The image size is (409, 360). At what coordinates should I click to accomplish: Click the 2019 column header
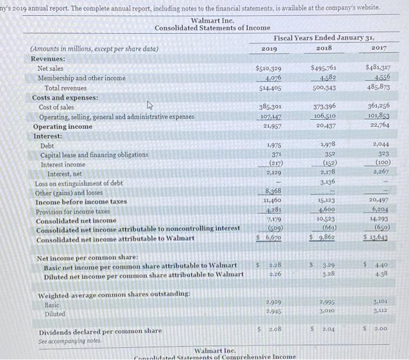pyautogui.click(x=269, y=48)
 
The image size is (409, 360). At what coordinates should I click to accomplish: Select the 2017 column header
pyautogui.click(x=379, y=47)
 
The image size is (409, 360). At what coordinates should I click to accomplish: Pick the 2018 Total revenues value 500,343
pyautogui.click(x=323, y=88)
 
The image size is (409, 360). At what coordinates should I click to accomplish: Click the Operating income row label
pyautogui.click(x=63, y=126)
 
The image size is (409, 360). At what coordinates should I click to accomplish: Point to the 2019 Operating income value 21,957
pyautogui.click(x=269, y=126)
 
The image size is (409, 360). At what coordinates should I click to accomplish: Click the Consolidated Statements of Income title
pyautogui.click(x=212, y=27)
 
